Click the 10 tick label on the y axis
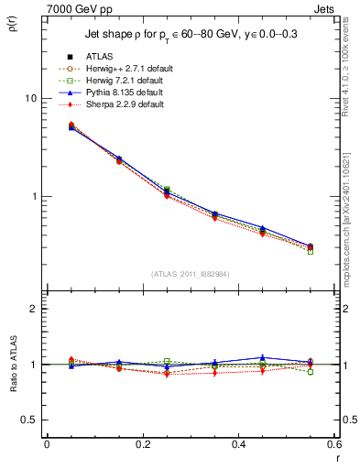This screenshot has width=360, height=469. click(x=30, y=98)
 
